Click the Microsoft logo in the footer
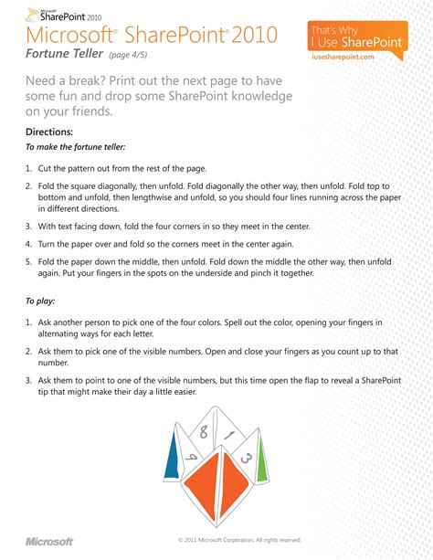(49, 541)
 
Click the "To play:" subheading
(43, 301)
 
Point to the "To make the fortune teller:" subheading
(75, 147)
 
